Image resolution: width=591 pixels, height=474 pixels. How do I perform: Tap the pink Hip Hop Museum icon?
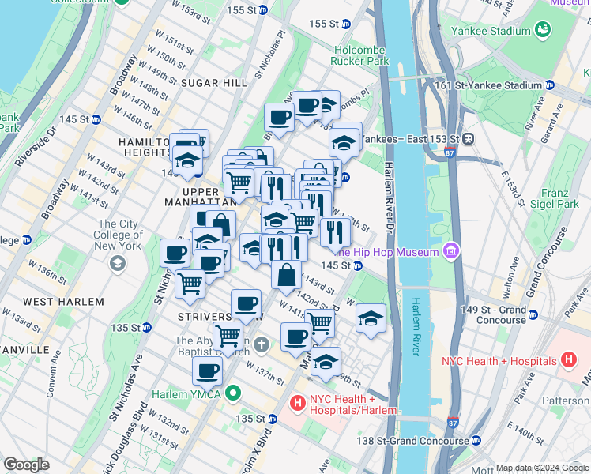pyautogui.click(x=451, y=252)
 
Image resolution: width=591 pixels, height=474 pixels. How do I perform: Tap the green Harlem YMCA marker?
pyautogui.click(x=232, y=392)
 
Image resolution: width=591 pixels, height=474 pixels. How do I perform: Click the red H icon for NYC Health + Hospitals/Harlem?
pyautogui.click(x=298, y=403)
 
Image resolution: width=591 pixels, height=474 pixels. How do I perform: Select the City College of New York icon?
pyautogui.click(x=118, y=263)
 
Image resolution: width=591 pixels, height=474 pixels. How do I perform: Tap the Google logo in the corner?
pyautogui.click(x=27, y=465)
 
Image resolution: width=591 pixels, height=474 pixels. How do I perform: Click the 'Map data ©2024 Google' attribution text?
pyautogui.click(x=541, y=468)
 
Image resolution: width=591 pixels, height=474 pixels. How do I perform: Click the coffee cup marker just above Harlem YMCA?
pyautogui.click(x=207, y=370)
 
